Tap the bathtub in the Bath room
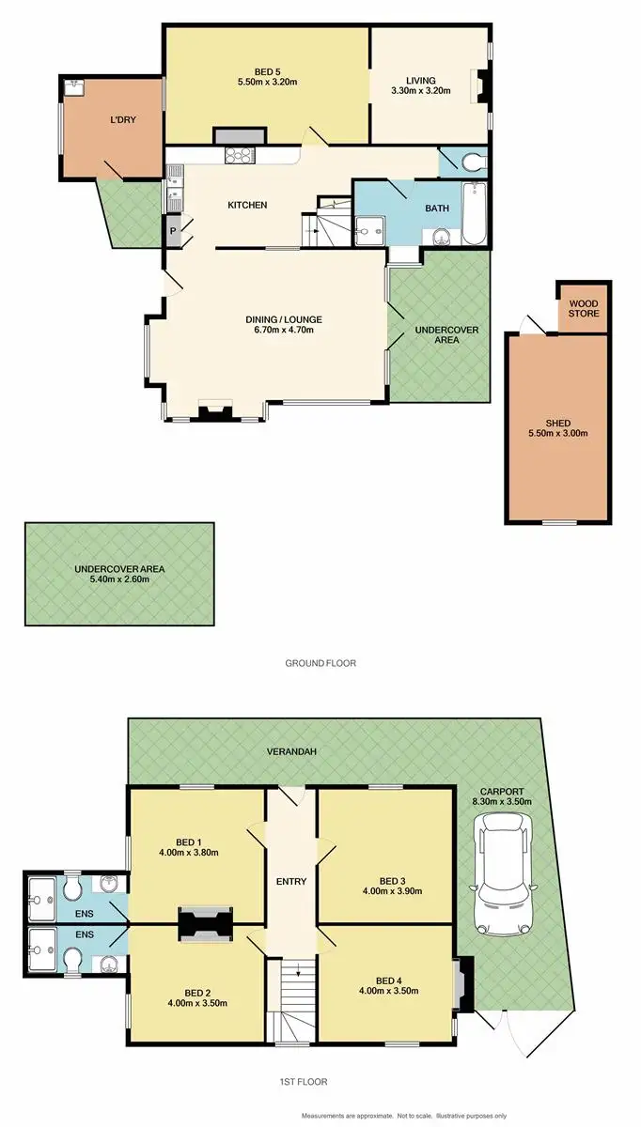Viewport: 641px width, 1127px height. [x=474, y=215]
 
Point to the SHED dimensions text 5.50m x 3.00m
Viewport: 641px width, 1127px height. [x=556, y=434]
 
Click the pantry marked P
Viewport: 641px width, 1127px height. [x=173, y=230]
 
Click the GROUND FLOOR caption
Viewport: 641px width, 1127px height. [x=320, y=663]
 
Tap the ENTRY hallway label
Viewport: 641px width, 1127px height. [x=291, y=882]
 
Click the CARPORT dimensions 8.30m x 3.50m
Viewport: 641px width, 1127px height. [x=502, y=801]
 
